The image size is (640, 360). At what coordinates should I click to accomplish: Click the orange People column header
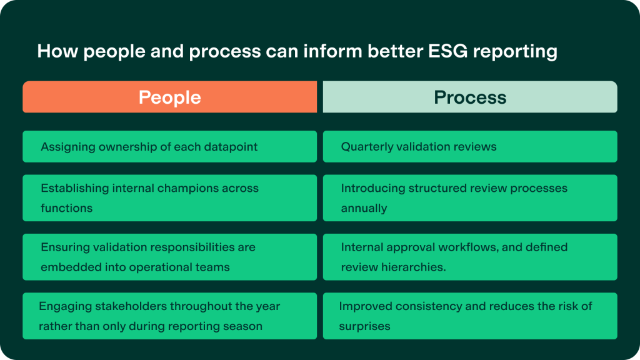(x=169, y=97)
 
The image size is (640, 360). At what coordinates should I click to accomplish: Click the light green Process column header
(x=470, y=97)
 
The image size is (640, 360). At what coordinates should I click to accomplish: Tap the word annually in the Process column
(x=364, y=208)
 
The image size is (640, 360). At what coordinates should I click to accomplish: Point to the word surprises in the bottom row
(x=364, y=326)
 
